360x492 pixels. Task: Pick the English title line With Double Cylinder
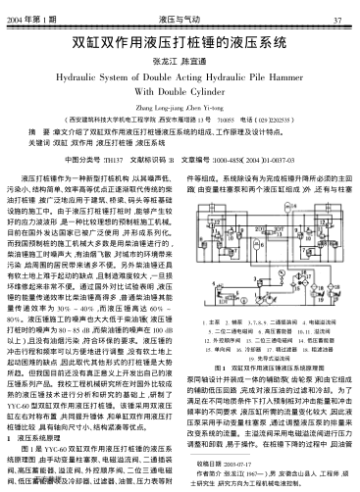[180, 100]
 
